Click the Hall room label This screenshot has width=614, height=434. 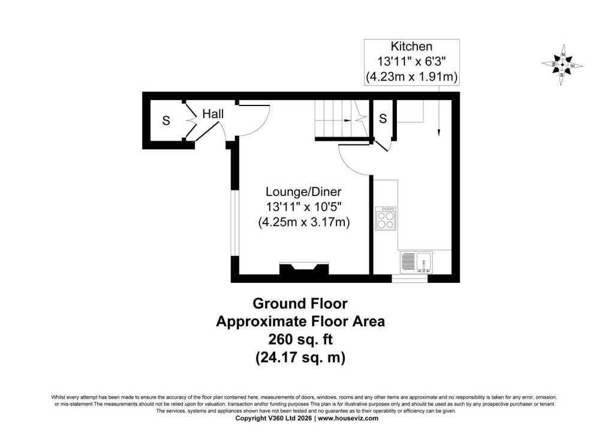(x=213, y=114)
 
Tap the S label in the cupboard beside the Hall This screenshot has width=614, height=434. (x=166, y=120)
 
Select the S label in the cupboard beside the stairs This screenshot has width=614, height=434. (x=383, y=118)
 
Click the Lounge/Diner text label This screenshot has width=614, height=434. (x=303, y=192)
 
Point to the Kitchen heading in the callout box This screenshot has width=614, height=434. (x=411, y=47)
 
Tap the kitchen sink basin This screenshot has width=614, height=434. (x=424, y=263)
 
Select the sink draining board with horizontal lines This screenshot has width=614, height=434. (x=408, y=263)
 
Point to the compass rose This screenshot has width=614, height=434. (x=562, y=65)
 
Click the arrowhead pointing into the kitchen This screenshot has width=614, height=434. (x=438, y=132)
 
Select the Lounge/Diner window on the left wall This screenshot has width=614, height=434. (x=233, y=223)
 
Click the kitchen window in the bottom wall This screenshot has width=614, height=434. (x=410, y=279)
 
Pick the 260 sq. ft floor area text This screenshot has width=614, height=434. (x=300, y=339)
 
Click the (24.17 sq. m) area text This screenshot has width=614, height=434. (x=300, y=358)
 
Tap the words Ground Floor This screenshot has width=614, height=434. (x=300, y=303)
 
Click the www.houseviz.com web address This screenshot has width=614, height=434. (x=348, y=418)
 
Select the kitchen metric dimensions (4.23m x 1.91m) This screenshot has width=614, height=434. (x=411, y=77)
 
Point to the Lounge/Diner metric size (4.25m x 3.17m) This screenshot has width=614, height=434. (x=304, y=222)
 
